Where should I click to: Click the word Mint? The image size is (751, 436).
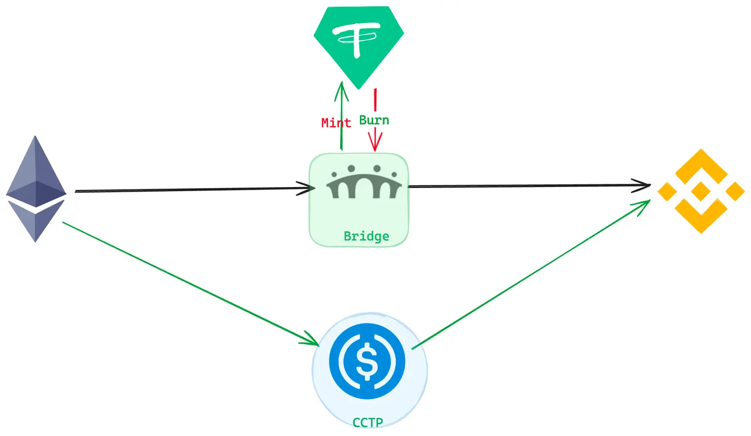[336, 123]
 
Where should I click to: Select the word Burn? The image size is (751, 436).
[374, 120]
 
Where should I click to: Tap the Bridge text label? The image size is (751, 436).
[366, 236]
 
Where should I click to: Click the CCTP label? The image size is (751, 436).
[368, 422]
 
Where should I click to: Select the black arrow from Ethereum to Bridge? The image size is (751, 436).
[194, 190]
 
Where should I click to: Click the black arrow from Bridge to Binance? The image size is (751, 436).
[526, 185]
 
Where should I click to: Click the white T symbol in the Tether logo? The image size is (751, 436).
[358, 38]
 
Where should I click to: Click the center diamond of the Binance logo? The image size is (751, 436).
[701, 191]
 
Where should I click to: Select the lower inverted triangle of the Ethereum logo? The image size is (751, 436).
[35, 223]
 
